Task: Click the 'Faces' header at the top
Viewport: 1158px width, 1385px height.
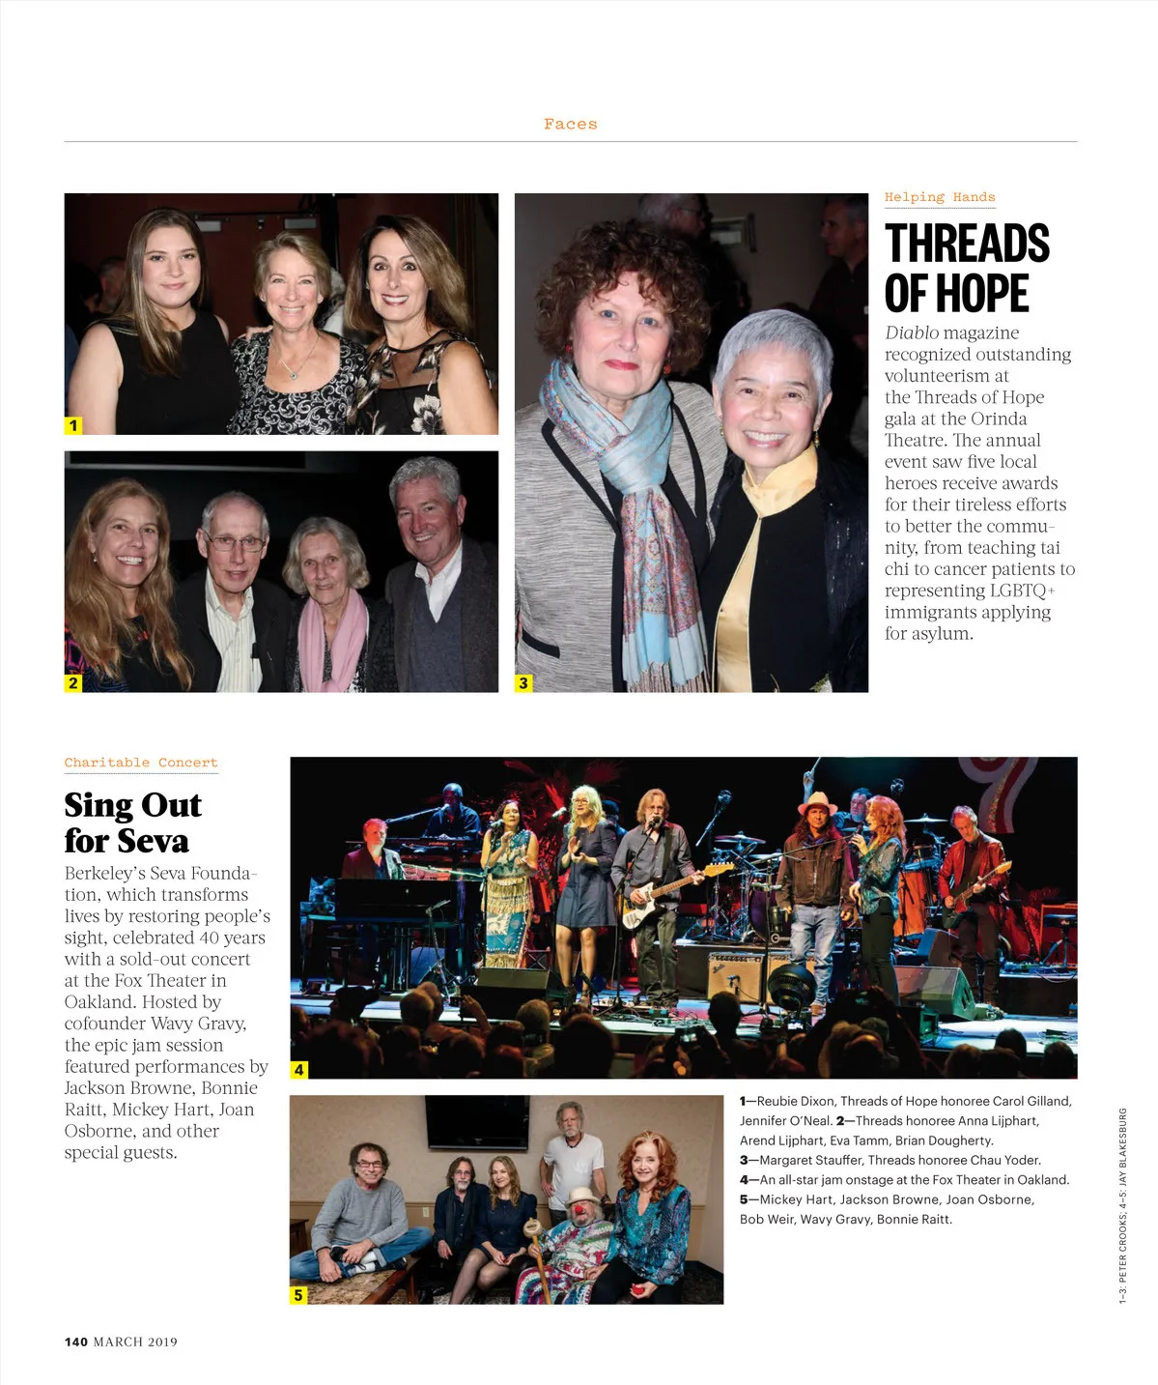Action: pyautogui.click(x=570, y=124)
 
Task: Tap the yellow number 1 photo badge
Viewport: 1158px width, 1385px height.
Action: pyautogui.click(x=73, y=425)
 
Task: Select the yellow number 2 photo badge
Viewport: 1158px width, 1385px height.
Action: pyautogui.click(x=73, y=682)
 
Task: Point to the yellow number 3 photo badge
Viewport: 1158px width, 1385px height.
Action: pyautogui.click(x=523, y=682)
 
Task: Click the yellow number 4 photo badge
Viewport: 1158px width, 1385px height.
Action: pyautogui.click(x=299, y=1069)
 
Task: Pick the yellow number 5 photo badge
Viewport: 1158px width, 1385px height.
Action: pyautogui.click(x=298, y=1295)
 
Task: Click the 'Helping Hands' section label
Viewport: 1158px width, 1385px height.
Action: pyautogui.click(x=939, y=197)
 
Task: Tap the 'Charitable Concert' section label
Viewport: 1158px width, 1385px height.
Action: pyautogui.click(x=141, y=763)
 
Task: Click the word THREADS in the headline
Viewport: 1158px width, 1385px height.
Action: pyautogui.click(x=967, y=244)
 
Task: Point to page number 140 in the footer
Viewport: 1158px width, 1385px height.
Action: pyautogui.click(x=76, y=1342)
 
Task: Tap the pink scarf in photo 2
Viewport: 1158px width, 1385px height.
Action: pyautogui.click(x=334, y=638)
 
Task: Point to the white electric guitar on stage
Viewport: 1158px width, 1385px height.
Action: pyautogui.click(x=666, y=894)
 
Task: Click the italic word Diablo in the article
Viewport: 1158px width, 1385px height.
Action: pyautogui.click(x=912, y=332)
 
